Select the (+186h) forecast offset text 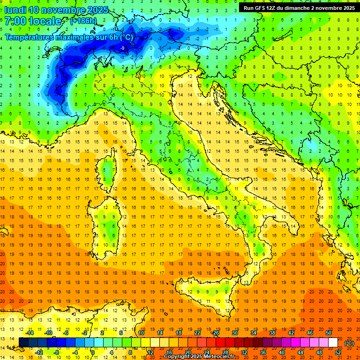click(x=83, y=21)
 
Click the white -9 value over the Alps click(x=122, y=48)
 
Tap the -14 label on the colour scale click(x=30, y=332)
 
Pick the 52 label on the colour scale click(x=338, y=352)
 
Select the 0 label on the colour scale click(x=92, y=352)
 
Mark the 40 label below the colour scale click(x=281, y=352)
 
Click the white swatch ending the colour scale click(x=333, y=342)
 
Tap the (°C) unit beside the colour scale click(x=349, y=343)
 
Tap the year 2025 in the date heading click(x=97, y=10)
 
